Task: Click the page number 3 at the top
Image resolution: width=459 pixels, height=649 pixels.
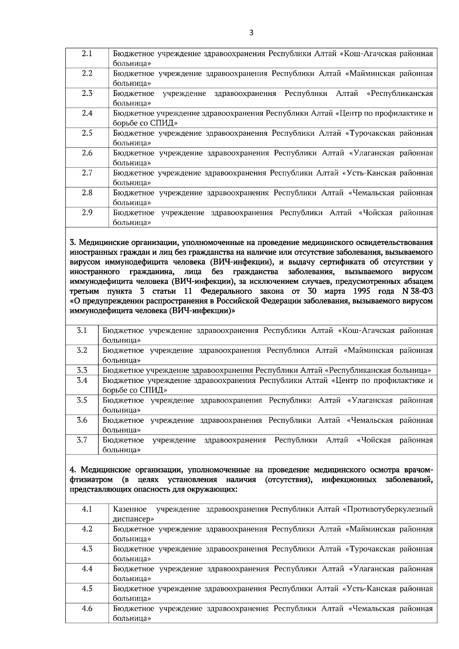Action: point(251,33)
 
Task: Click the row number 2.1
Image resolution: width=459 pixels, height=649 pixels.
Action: point(87,54)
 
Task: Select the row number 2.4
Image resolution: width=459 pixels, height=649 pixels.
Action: point(87,113)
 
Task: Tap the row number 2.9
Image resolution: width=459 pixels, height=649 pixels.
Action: point(87,213)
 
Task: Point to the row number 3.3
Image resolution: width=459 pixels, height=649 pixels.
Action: point(82,370)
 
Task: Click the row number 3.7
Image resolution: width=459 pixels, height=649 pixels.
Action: point(82,440)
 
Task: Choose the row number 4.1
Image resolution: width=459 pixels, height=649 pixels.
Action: point(87,509)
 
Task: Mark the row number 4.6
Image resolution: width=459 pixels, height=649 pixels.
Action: point(87,608)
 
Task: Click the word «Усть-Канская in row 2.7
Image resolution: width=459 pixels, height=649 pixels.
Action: point(367,173)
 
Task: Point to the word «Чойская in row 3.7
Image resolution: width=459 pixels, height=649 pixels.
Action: point(374,440)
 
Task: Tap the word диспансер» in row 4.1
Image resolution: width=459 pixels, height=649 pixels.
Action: point(133,519)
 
